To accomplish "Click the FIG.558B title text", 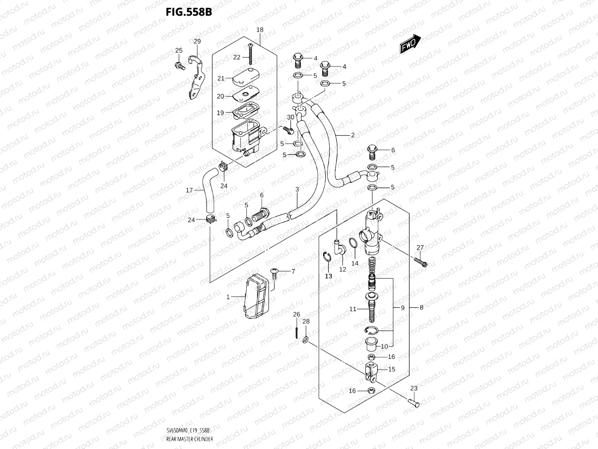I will point(189,12).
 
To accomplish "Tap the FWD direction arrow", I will point(410,44).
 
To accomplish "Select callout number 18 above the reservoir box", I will point(260,30).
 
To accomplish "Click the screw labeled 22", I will point(249,54).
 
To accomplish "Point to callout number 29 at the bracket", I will point(197,42).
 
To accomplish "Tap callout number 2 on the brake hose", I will point(352,135).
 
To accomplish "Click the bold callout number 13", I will point(328,276).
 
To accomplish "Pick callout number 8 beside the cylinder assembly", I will point(421,308).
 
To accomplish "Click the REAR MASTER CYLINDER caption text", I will point(189,439).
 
